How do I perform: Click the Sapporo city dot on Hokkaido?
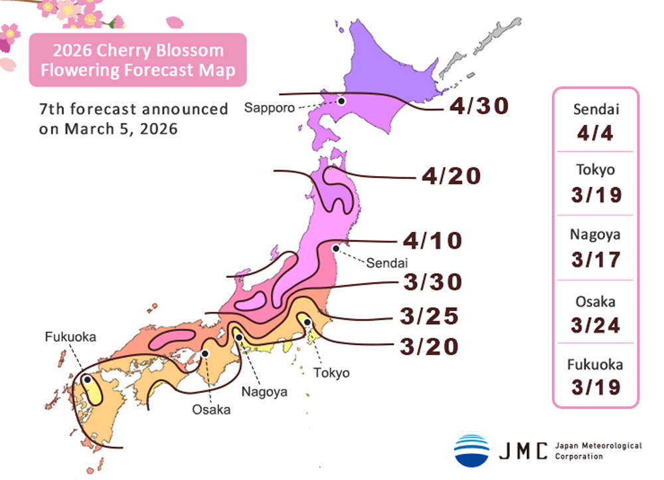[341, 101]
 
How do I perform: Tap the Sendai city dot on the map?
[336, 249]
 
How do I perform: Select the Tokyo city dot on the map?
[307, 322]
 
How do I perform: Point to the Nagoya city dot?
[239, 337]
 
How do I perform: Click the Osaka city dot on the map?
[206, 354]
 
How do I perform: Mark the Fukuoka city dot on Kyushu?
[87, 381]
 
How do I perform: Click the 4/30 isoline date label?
[479, 106]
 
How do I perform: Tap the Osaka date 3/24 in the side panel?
[595, 325]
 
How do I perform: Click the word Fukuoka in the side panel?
[595, 364]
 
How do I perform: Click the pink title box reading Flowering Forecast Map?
[138, 60]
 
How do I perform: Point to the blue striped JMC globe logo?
[471, 450]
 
